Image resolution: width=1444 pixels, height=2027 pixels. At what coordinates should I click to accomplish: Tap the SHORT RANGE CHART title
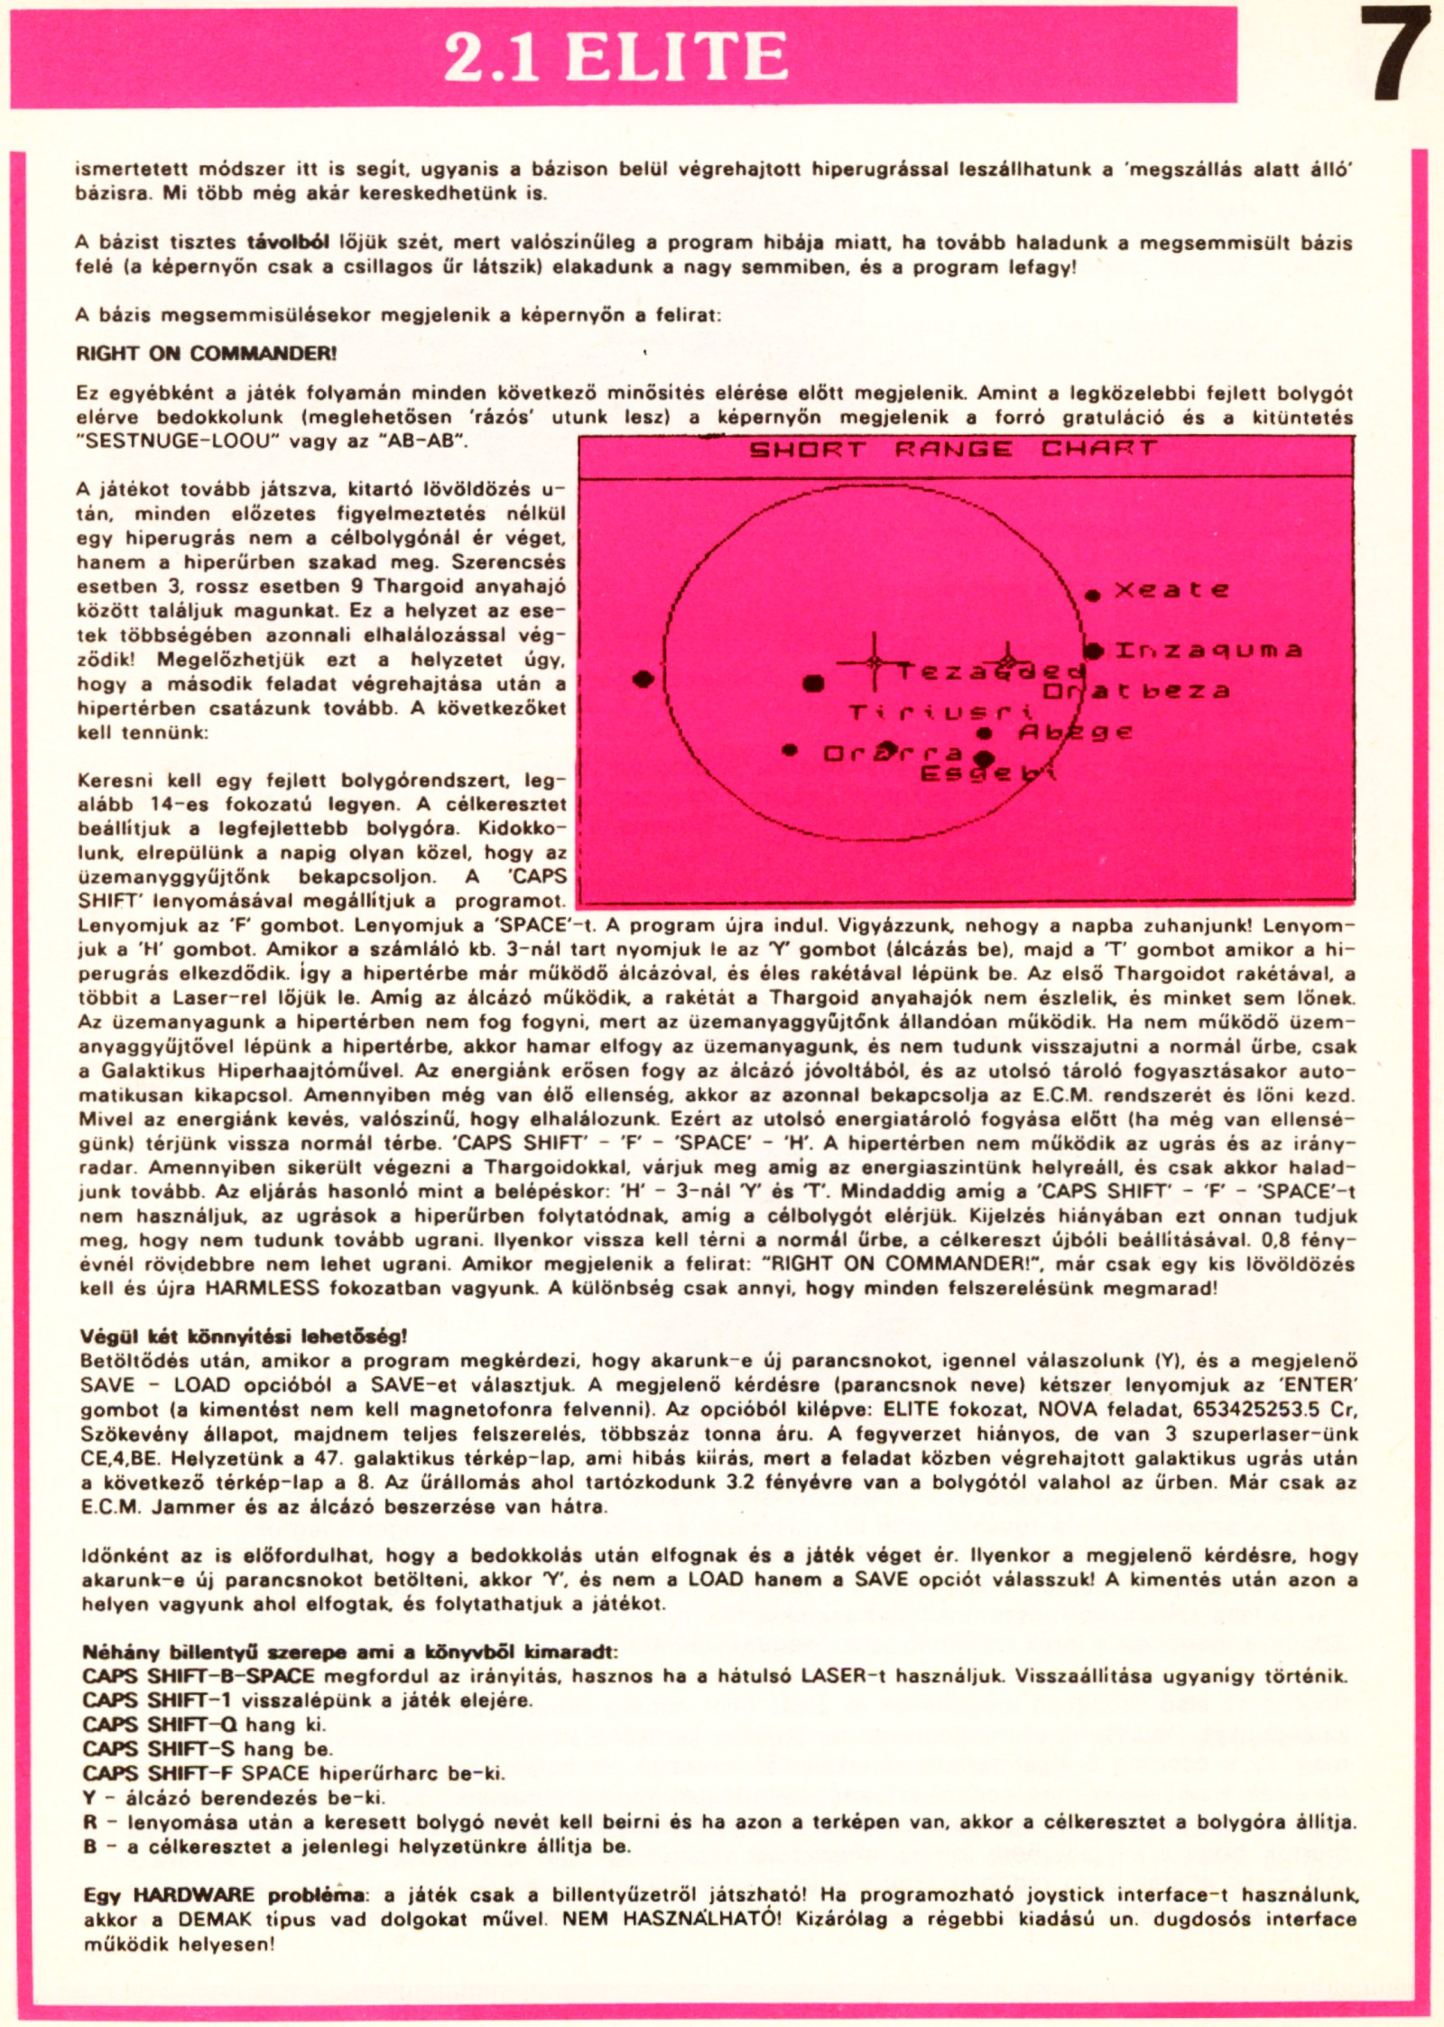pyautogui.click(x=952, y=449)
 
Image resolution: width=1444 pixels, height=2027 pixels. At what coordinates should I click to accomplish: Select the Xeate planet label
pyautogui.click(x=1171, y=590)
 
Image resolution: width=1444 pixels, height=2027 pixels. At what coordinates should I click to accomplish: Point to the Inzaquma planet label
pyautogui.click(x=1208, y=651)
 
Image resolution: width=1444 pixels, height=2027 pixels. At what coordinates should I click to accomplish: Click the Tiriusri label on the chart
pyautogui.click(x=940, y=713)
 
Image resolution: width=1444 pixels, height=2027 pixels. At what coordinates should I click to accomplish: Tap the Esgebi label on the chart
pyautogui.click(x=987, y=773)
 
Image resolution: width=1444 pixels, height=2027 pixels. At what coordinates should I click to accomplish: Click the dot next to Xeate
pyautogui.click(x=1093, y=595)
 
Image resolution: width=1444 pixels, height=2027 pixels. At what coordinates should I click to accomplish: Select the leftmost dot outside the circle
pyautogui.click(x=643, y=678)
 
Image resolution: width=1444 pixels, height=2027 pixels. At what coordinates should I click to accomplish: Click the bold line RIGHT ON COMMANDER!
pyautogui.click(x=207, y=354)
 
